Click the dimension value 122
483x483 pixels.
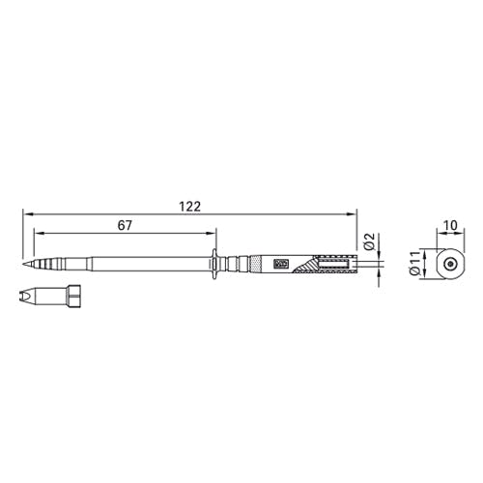[189, 207]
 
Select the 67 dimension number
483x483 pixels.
[125, 226]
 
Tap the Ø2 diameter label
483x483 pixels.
[370, 242]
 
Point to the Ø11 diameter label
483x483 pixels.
[414, 263]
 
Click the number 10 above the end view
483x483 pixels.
[450, 225]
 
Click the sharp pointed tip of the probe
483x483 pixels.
[23, 264]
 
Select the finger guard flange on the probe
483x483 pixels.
[214, 264]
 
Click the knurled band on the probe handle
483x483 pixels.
[255, 264]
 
